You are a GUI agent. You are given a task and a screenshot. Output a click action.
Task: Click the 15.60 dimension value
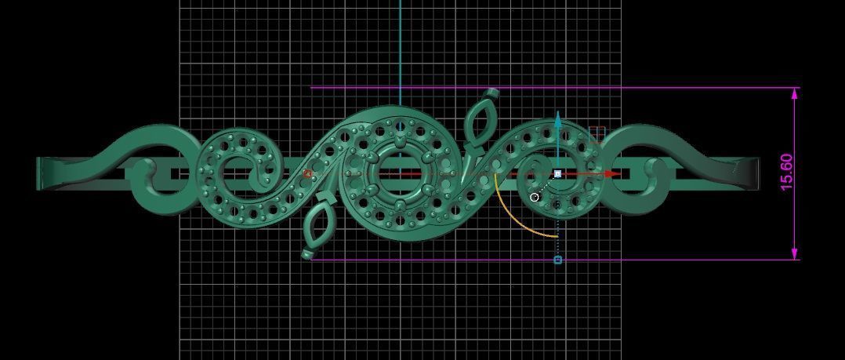coord(787,172)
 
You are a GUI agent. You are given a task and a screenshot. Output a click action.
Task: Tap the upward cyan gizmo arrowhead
coord(558,119)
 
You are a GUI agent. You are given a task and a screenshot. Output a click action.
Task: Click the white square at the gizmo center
coord(557,174)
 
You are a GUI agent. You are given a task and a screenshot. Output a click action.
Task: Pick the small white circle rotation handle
coord(535,197)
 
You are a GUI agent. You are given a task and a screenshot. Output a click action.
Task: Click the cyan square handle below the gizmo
coord(558,260)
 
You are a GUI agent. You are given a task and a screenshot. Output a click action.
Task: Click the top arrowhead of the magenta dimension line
coord(795,94)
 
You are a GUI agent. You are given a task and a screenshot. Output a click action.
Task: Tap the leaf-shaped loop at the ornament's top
coord(478,122)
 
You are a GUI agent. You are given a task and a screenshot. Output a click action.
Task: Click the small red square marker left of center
coord(308,174)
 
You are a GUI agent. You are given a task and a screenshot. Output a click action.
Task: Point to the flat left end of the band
coord(41,173)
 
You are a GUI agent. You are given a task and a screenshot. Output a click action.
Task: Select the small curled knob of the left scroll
coord(145,168)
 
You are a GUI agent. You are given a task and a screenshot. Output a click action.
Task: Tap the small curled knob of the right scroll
coord(651,168)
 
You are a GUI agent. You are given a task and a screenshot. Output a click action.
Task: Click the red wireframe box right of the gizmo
coord(597,134)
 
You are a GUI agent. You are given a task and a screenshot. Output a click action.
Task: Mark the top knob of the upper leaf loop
coord(492,93)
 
